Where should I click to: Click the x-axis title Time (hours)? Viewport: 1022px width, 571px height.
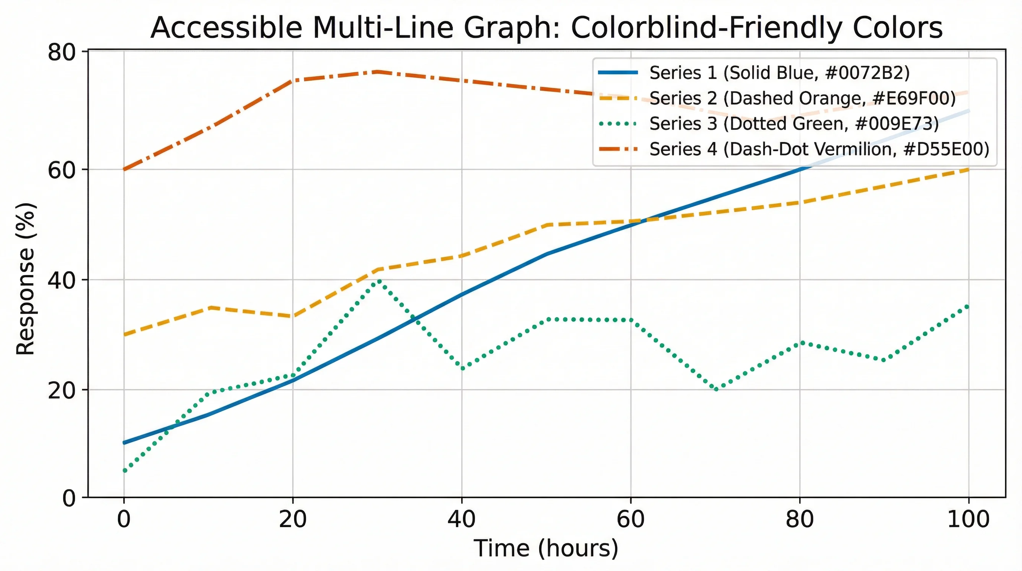546,548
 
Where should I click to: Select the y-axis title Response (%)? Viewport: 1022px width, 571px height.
26,279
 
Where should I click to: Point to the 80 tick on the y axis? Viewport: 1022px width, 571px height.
62,52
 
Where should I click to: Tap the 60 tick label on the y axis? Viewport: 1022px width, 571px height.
62,170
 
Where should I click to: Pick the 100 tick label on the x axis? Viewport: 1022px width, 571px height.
969,519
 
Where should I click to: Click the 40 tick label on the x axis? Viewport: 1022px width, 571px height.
461,519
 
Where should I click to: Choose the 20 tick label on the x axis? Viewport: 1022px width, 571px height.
293,519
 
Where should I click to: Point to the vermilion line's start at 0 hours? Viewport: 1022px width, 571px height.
124,170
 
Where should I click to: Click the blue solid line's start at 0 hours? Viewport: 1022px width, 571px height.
124,442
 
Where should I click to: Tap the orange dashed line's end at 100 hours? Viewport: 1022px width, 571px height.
969,170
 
